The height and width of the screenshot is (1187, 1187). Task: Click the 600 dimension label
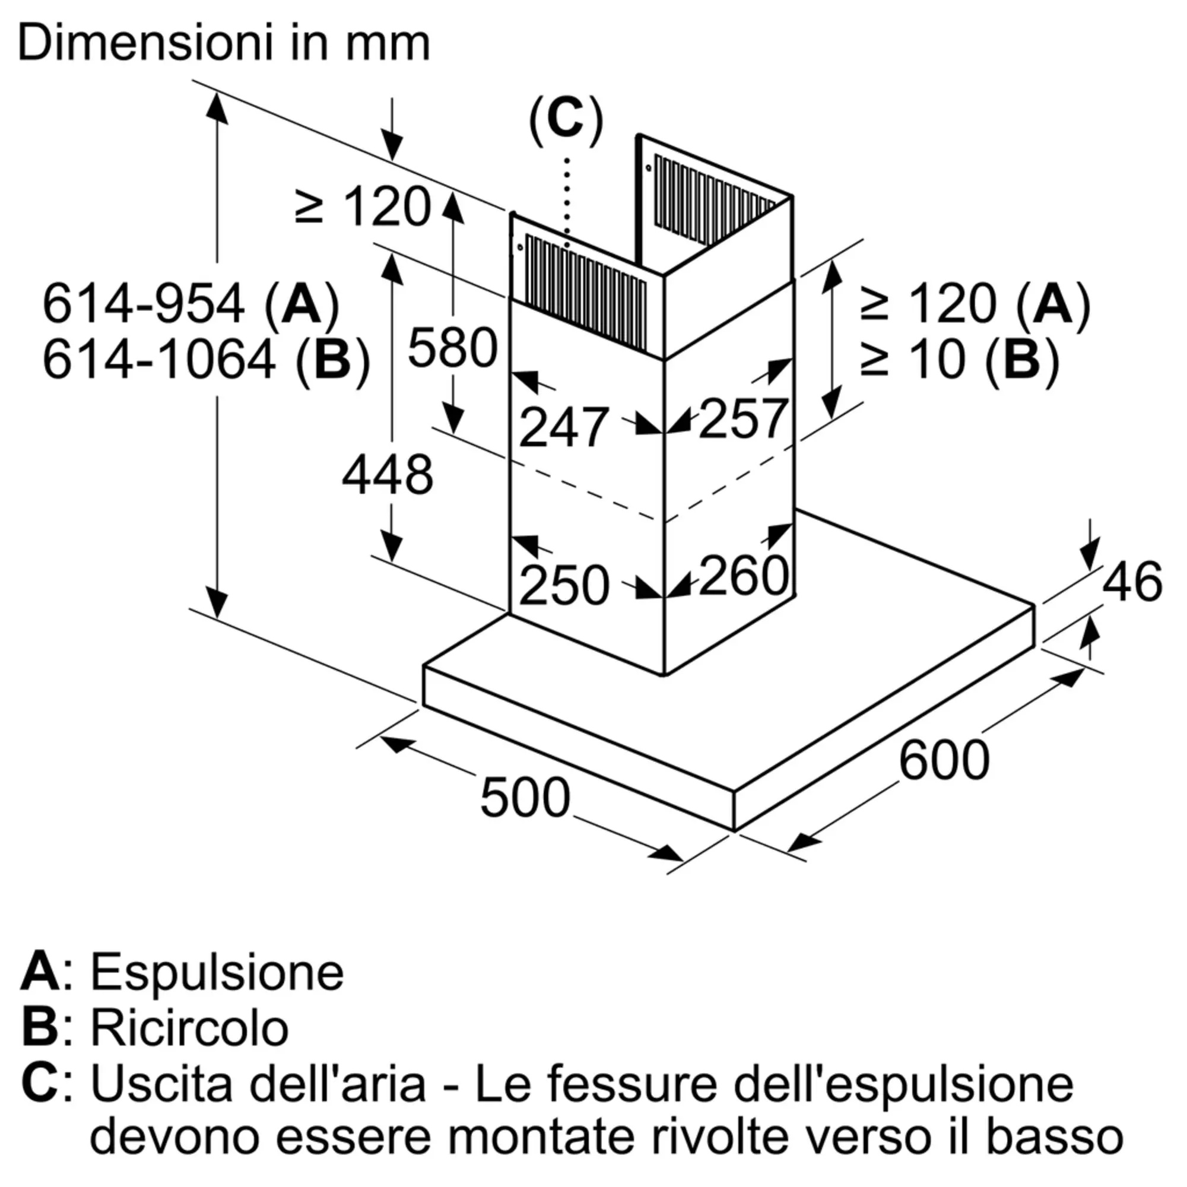point(944,761)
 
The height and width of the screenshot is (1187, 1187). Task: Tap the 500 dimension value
point(525,798)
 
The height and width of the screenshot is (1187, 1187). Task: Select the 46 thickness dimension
point(1132,581)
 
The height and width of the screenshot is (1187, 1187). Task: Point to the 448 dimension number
point(387,475)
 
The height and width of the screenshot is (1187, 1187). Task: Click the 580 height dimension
point(452,348)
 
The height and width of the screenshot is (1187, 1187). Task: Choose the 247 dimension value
point(563,427)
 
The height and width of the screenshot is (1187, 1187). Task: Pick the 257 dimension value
point(743,419)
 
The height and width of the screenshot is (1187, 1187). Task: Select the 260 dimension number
point(744,575)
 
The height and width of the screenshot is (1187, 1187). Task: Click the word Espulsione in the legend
point(217,973)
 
